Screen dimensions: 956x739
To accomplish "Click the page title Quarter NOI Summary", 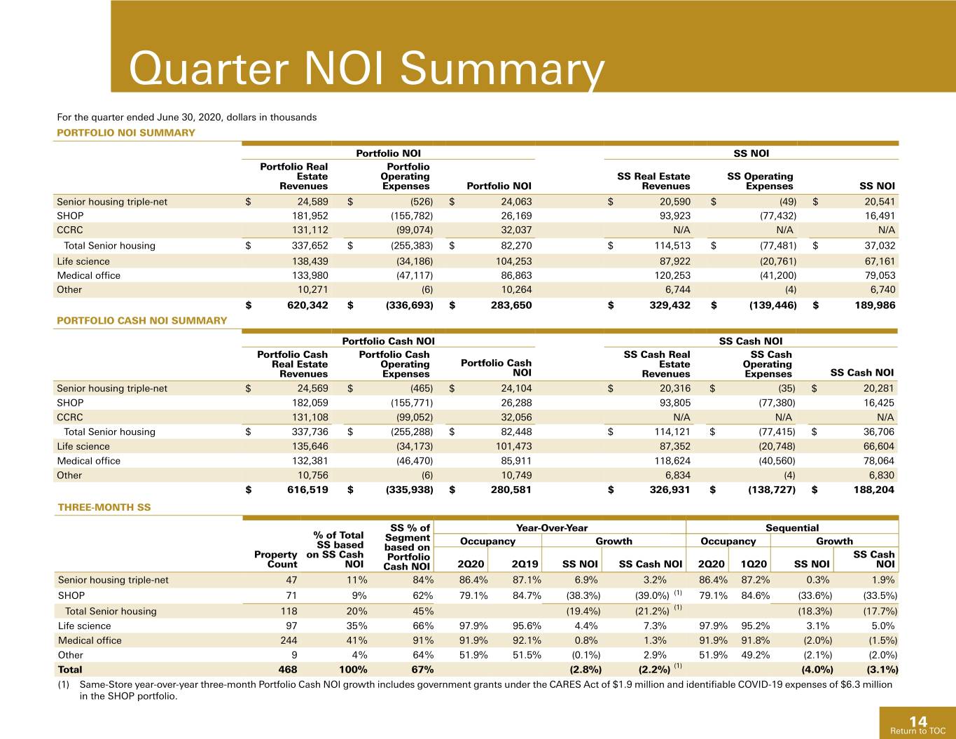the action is tap(366, 69).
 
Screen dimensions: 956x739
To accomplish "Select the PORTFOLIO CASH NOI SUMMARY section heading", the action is tap(141, 321).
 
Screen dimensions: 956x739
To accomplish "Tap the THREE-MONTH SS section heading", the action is tap(104, 507).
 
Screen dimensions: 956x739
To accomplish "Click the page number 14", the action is tap(918, 721).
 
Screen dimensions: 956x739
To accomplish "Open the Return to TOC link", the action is tap(917, 731).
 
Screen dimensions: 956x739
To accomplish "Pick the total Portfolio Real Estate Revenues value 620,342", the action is tap(307, 305).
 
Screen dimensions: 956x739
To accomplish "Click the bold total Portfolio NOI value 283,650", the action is tap(511, 305).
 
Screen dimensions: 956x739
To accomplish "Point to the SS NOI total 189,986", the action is tap(875, 305).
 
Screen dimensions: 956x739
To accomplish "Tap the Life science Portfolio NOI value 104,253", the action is tap(514, 261).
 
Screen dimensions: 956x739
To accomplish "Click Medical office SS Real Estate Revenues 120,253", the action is tap(672, 275).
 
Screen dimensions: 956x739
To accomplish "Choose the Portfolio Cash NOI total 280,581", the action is tap(511, 490).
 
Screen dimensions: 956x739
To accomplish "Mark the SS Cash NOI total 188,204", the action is tap(874, 490).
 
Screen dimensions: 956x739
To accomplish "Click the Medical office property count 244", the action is tap(289, 640).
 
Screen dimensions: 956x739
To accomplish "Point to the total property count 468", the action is tap(288, 670).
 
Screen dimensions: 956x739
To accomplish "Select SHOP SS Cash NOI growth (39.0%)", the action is tap(652, 595).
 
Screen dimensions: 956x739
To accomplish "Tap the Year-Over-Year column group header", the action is tap(552, 528).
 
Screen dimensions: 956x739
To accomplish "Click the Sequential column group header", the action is tap(792, 528).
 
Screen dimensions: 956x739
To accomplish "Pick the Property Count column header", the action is tap(275, 559).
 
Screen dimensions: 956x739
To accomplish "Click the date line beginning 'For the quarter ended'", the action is tap(186, 118).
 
